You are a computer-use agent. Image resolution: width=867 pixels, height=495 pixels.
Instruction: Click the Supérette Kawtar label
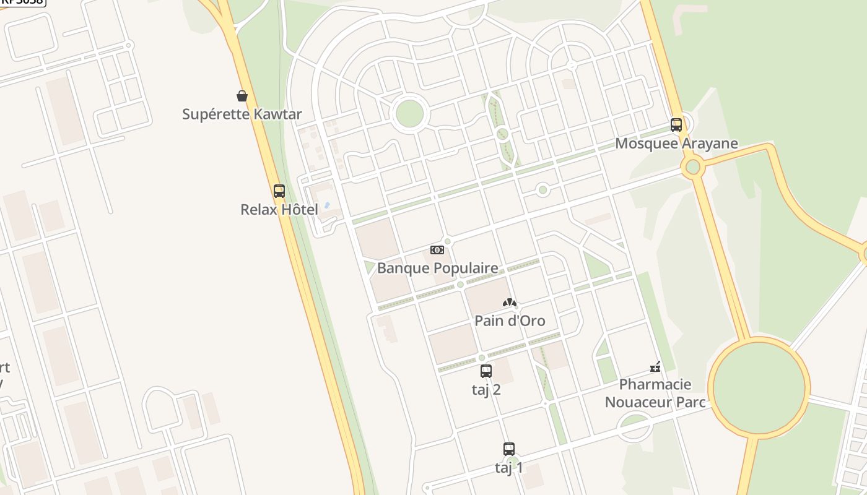click(242, 114)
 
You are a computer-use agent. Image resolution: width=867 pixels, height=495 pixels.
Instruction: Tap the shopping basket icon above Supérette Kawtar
click(242, 96)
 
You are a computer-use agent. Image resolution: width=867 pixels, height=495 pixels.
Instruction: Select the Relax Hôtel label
click(279, 210)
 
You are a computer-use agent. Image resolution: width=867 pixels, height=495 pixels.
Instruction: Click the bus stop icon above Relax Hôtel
click(279, 191)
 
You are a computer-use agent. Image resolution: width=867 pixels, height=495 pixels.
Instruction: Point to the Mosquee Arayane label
click(676, 144)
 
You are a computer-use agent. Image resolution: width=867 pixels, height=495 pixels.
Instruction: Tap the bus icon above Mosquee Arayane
click(676, 125)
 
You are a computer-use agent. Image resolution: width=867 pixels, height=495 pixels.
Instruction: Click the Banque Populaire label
click(437, 268)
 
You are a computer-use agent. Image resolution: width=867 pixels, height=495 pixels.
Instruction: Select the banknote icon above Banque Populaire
click(437, 250)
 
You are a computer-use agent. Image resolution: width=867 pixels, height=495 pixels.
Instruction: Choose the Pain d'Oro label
click(510, 321)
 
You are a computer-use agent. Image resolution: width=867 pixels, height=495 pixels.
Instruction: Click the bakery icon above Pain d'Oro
click(510, 303)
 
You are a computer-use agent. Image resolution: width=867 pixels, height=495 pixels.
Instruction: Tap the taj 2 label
click(486, 390)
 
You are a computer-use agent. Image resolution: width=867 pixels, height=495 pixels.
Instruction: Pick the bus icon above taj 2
click(486, 371)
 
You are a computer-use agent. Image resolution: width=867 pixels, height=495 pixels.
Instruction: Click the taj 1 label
click(509, 468)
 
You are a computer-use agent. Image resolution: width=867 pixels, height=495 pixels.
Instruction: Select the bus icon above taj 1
click(509, 449)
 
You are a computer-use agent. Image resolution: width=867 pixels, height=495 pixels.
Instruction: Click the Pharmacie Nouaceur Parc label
click(655, 394)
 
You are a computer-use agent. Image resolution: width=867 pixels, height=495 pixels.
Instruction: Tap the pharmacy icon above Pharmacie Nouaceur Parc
click(655, 368)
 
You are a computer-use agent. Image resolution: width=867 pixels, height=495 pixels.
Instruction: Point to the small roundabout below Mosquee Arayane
click(693, 167)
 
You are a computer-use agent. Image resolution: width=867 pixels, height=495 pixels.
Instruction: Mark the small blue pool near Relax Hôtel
click(327, 205)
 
